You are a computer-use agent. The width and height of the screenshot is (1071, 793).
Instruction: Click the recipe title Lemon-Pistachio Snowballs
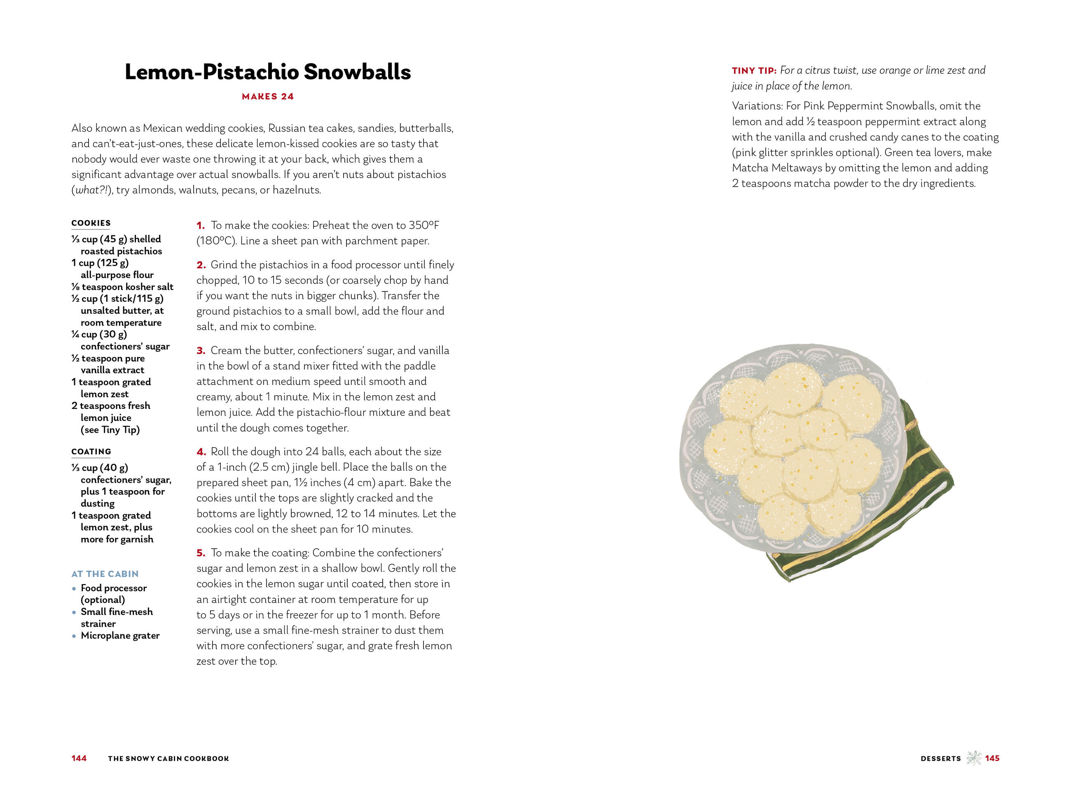[x=268, y=72]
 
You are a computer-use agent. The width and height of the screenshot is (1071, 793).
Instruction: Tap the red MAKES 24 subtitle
[x=268, y=96]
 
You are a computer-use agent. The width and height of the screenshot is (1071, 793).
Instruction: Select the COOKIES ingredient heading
[x=91, y=223]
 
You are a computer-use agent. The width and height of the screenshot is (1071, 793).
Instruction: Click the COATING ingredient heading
[x=91, y=452]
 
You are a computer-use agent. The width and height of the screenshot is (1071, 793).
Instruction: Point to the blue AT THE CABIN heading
[x=105, y=574]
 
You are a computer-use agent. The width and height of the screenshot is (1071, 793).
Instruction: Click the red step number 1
[x=201, y=225]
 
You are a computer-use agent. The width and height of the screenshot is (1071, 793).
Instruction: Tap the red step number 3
[x=201, y=351]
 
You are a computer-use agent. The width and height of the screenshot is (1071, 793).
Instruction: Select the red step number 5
[x=201, y=553]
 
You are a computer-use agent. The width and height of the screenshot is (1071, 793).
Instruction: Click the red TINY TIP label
[x=754, y=70]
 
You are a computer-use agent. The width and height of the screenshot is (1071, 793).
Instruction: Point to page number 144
[x=79, y=758]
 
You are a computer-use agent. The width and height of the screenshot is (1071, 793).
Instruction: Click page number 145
[x=992, y=758]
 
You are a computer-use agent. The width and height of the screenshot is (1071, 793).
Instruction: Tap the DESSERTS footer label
[x=940, y=758]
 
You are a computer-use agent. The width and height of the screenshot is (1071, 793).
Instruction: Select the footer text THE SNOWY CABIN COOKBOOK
[x=168, y=758]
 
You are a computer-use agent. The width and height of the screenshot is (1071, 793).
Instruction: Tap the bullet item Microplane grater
[x=120, y=636]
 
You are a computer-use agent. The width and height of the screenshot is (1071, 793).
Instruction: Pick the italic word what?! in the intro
[x=91, y=190]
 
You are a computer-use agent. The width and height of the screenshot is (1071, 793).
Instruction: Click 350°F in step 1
[x=423, y=225]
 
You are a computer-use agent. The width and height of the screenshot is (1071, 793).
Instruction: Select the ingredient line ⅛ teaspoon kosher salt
[x=122, y=287]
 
